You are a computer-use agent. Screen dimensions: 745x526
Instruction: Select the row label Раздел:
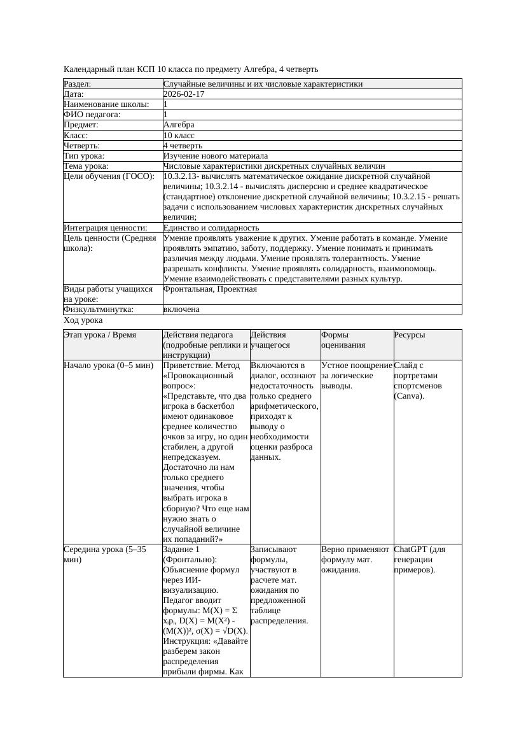(x=78, y=84)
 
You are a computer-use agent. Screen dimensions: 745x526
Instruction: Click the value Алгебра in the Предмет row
(x=179, y=125)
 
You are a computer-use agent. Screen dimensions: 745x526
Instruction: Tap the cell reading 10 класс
(x=179, y=136)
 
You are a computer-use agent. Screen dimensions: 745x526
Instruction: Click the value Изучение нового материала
(x=215, y=156)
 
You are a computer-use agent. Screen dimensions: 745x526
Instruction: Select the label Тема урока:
(x=86, y=166)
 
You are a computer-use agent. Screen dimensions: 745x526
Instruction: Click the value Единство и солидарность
(x=211, y=228)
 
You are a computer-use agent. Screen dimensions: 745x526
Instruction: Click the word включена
(x=181, y=309)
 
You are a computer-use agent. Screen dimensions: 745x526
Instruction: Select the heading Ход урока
(x=83, y=321)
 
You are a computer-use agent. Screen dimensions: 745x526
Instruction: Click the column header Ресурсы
(x=410, y=335)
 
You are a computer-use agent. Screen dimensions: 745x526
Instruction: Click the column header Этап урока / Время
(x=100, y=335)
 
